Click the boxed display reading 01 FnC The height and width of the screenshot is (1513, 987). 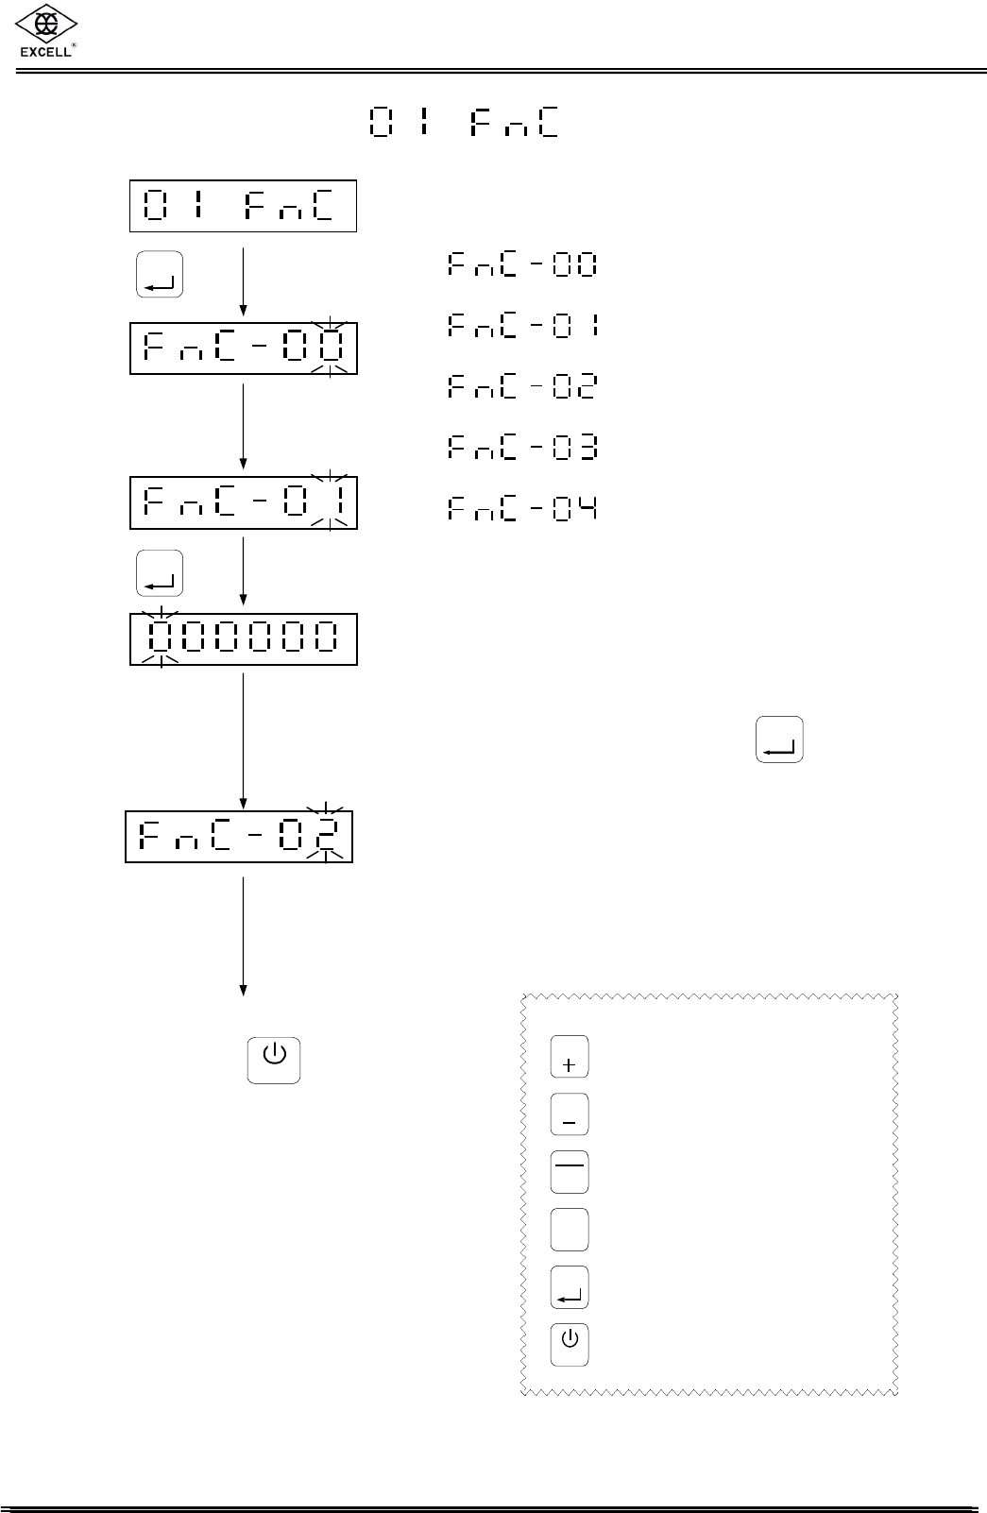tap(243, 206)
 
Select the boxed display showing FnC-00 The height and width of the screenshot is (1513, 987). tap(244, 348)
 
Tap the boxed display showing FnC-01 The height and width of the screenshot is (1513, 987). tap(244, 503)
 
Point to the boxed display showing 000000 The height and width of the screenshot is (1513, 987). tap(244, 639)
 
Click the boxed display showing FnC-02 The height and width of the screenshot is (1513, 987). tap(239, 836)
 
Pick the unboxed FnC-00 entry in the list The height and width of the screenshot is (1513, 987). tap(522, 265)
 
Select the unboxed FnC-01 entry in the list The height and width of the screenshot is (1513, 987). tap(522, 327)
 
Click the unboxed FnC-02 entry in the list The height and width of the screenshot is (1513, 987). tap(522, 387)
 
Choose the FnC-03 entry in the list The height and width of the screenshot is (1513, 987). tap(522, 448)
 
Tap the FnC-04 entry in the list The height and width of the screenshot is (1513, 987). tap(522, 510)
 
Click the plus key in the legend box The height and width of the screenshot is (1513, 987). tap(570, 1057)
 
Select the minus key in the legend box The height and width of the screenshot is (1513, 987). tap(570, 1114)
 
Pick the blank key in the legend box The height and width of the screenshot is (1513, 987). tap(570, 1230)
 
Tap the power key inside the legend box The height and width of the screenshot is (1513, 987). tap(570, 1344)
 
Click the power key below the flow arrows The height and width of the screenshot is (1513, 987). tap(274, 1060)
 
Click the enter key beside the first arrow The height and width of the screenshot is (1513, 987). tap(160, 276)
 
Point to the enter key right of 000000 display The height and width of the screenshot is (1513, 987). tap(779, 739)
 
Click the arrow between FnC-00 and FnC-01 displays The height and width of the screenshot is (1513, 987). tap(244, 425)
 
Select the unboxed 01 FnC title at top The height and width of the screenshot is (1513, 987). tap(463, 123)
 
